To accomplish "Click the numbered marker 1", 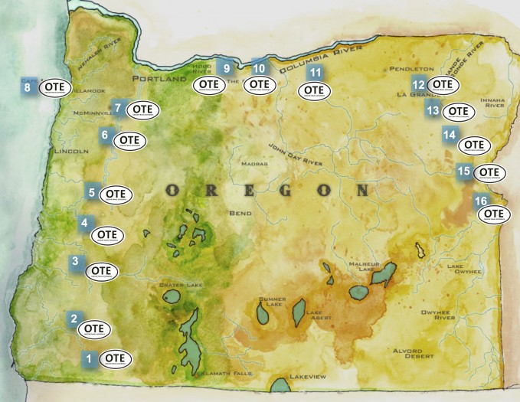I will click(x=89, y=358).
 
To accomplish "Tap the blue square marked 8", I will click(x=28, y=87).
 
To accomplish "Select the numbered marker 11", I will click(x=315, y=73).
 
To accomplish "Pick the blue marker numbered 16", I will click(x=480, y=201).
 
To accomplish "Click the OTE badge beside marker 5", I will click(x=116, y=194).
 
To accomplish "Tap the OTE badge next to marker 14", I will click(x=474, y=143).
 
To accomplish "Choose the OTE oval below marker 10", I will click(x=260, y=84).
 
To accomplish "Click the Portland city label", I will click(x=159, y=79).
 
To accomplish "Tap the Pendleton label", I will click(x=411, y=68).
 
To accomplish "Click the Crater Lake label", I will click(x=180, y=285).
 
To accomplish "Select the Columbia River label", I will click(x=321, y=58).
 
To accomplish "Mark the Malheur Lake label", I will click(x=361, y=266).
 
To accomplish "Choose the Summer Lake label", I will click(x=273, y=302).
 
